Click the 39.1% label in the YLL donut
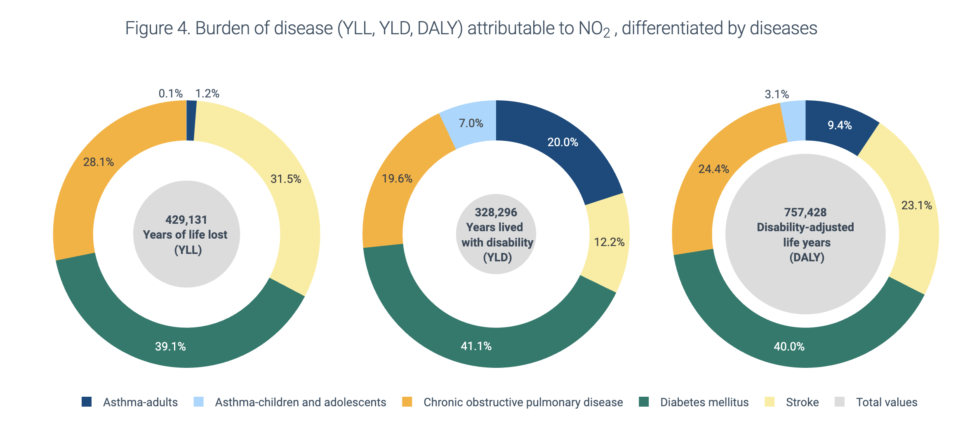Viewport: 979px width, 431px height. pyautogui.click(x=170, y=346)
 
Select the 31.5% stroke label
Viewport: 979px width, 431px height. pyautogui.click(x=285, y=179)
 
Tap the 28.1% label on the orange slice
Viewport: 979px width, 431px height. pyautogui.click(x=99, y=162)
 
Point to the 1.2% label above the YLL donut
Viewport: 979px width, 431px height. pyautogui.click(x=207, y=94)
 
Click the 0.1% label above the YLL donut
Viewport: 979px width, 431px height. pyautogui.click(x=170, y=94)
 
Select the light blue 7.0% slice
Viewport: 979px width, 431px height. pyautogui.click(x=471, y=123)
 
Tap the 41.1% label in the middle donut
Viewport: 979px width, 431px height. pyautogui.click(x=476, y=346)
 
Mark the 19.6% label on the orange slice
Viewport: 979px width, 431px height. pyautogui.click(x=397, y=178)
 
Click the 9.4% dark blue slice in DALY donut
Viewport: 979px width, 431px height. pyautogui.click(x=839, y=125)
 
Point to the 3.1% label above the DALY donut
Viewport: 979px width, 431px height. pyautogui.click(x=777, y=95)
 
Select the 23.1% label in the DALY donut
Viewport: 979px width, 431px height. pyautogui.click(x=916, y=205)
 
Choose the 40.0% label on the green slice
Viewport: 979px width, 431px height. pyautogui.click(x=789, y=346)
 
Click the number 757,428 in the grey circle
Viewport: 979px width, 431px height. pyautogui.click(x=805, y=212)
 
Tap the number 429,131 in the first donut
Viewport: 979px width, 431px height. pyautogui.click(x=186, y=220)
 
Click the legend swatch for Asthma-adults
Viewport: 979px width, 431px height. pyautogui.click(x=87, y=402)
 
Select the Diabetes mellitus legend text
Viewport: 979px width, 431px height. pyautogui.click(x=704, y=402)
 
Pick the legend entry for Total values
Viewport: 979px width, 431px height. pyautogui.click(x=886, y=402)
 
